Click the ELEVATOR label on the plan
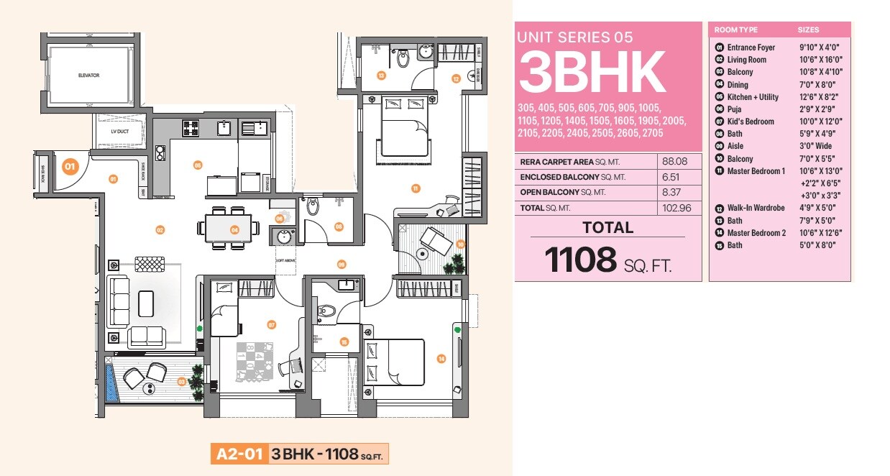point(88,75)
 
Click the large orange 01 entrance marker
point(70,167)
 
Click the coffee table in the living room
point(146,303)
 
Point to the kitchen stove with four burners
point(191,129)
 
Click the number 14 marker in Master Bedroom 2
point(441,358)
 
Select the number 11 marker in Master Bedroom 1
point(416,188)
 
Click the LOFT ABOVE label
point(285,261)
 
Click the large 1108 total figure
point(581,260)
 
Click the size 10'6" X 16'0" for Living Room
point(820,60)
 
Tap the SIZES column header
point(808,30)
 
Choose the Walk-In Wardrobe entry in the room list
point(753,208)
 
